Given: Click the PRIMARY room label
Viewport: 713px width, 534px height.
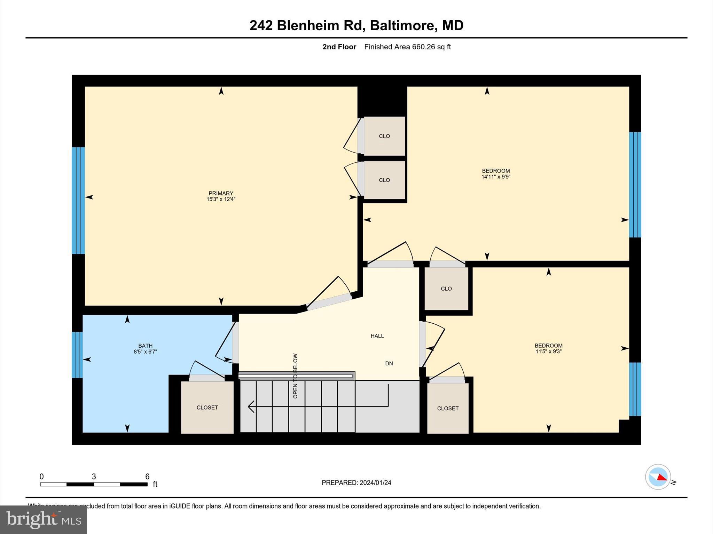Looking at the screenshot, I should tap(221, 193).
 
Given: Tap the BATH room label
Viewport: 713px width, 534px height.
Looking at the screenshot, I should tap(145, 346).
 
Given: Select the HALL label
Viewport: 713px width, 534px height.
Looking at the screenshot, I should tap(377, 336).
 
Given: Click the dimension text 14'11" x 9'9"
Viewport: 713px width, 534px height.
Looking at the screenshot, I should tap(496, 177).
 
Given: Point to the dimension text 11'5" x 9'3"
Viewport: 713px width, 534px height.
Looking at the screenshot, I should tap(548, 351).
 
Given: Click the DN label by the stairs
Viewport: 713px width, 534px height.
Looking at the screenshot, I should tap(389, 363).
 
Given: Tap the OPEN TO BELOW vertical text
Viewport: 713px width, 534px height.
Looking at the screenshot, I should tap(295, 376).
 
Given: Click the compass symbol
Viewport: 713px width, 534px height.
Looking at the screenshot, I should tap(658, 477).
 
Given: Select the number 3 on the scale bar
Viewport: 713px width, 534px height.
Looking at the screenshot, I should tap(94, 477).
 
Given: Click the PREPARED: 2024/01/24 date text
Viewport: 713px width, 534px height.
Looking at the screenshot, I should tap(356, 483).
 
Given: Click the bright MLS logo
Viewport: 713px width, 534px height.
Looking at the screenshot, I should tap(44, 519).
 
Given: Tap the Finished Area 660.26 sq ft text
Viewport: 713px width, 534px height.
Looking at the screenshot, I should tap(407, 47).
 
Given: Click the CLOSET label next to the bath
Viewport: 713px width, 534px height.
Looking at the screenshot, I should tap(207, 407).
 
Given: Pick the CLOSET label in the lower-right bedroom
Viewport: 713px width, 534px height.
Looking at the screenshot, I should tap(448, 408).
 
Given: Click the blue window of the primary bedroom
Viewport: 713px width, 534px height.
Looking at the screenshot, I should tap(78, 201).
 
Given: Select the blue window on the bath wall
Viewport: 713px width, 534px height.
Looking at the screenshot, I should tap(77, 355).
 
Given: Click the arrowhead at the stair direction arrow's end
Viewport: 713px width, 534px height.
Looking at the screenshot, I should tap(250, 406).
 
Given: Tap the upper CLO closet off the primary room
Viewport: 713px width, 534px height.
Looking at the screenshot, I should tap(384, 136).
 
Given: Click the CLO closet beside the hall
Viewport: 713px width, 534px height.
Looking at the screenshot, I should tap(446, 289).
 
